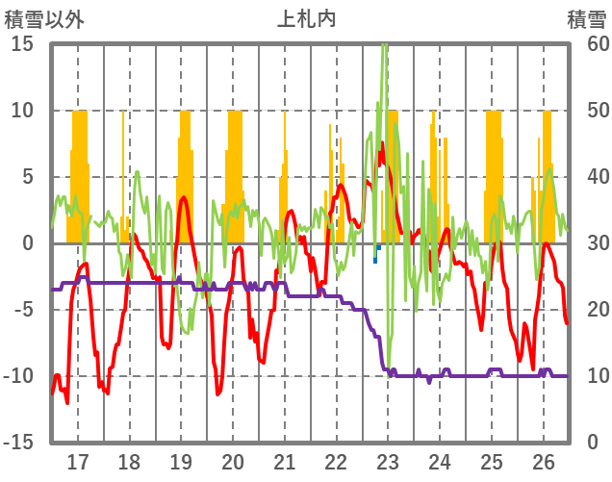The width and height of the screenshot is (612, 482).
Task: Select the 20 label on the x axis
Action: click(233, 460)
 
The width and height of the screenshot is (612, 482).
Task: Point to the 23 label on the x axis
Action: click(388, 460)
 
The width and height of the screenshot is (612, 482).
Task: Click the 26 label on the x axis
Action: click(544, 460)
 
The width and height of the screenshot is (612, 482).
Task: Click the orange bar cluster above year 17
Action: click(79, 178)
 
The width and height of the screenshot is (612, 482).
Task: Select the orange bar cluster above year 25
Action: click(494, 178)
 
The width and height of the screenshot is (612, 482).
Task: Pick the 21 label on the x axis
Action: click(285, 460)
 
